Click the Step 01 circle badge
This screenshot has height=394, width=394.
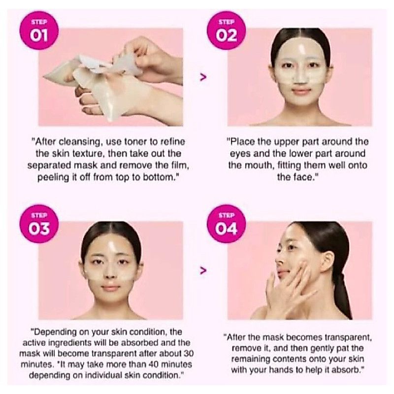point(39,31)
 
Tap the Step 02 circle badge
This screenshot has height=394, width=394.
point(227,31)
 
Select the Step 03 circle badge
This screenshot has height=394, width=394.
point(39,224)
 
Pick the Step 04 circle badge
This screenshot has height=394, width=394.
point(227,224)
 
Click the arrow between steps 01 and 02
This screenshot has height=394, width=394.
point(203,77)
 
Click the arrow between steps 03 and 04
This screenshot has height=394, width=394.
point(203,270)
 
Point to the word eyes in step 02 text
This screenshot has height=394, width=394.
point(240,154)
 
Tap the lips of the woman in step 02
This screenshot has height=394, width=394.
point(300,91)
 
